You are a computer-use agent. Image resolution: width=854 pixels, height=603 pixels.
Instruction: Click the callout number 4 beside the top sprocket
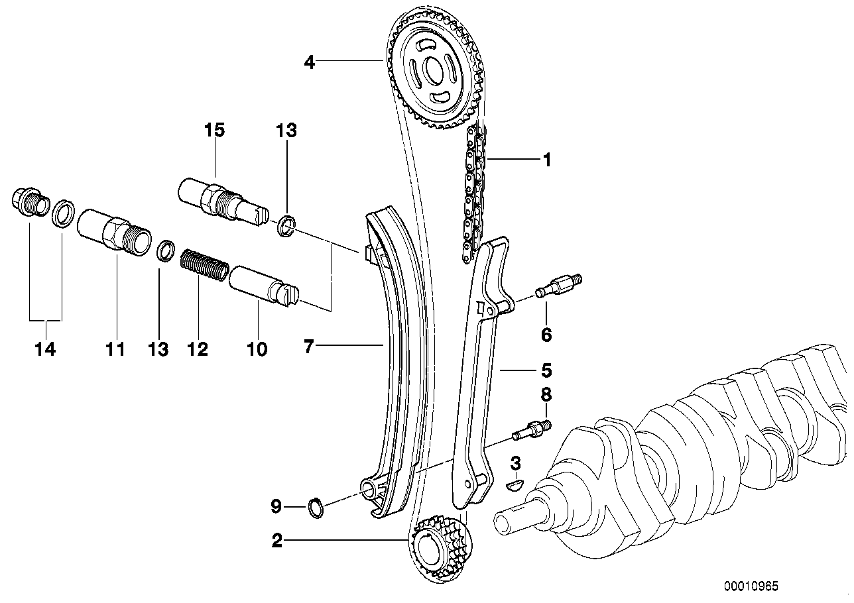point(309,62)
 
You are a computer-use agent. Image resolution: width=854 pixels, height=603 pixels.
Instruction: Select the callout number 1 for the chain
point(546,160)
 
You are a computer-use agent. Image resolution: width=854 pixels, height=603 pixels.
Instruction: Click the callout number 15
point(214,131)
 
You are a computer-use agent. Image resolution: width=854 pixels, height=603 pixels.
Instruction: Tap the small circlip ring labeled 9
point(316,508)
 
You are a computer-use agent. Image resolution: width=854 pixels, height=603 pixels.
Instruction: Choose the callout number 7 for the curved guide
point(308,345)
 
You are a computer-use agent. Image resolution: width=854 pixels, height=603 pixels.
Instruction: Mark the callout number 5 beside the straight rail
point(546,370)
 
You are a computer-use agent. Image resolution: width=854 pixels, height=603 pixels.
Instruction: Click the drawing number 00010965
point(751,586)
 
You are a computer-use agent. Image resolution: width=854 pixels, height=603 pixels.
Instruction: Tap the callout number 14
point(46,349)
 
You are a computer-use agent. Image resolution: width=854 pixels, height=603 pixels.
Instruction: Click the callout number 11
point(116,349)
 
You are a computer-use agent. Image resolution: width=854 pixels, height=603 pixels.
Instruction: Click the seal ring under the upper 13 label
point(286,226)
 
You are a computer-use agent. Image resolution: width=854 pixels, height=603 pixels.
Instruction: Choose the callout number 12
point(198,349)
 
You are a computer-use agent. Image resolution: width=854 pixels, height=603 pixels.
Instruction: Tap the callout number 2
point(277,541)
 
